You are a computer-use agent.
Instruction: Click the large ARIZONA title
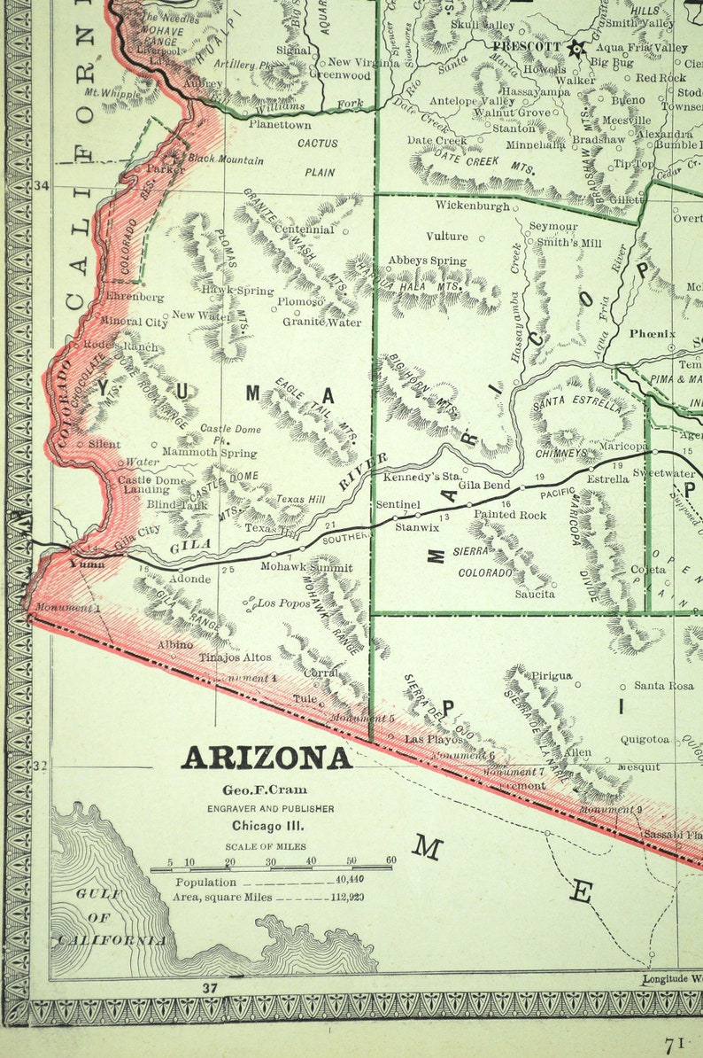[267, 758]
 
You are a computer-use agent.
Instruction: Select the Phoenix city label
[653, 334]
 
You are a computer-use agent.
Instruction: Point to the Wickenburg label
[473, 206]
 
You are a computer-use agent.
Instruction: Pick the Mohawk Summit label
[306, 567]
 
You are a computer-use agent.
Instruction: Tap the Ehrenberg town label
[135, 297]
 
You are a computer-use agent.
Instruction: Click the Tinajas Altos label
[235, 657]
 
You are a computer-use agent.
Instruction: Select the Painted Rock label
[510, 514]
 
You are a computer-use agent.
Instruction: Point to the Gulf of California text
[110, 917]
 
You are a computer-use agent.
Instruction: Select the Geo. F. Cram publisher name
[267, 790]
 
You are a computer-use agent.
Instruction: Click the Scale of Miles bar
[271, 869]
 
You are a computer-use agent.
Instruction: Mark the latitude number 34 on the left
[40, 185]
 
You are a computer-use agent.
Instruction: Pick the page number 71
[676, 1046]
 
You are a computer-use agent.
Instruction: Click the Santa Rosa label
[663, 686]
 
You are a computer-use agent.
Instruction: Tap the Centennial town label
[304, 229]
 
